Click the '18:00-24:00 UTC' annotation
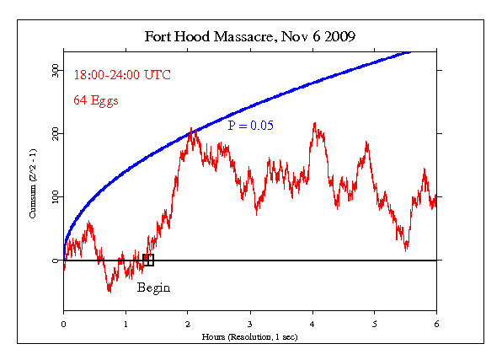pos(122,75)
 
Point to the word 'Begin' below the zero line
pos(153,287)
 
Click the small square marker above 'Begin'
pos(148,261)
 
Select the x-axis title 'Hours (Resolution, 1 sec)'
pos(250,336)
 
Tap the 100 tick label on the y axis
pos(54,196)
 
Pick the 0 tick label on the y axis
pos(54,261)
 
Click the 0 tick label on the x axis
pos(63,323)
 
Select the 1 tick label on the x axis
pos(125,323)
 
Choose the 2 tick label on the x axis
pos(188,323)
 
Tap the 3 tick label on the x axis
pos(250,323)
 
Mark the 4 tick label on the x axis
pos(312,323)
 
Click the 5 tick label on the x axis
pos(375,323)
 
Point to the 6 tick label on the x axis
pos(436,323)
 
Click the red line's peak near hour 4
pos(314,124)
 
